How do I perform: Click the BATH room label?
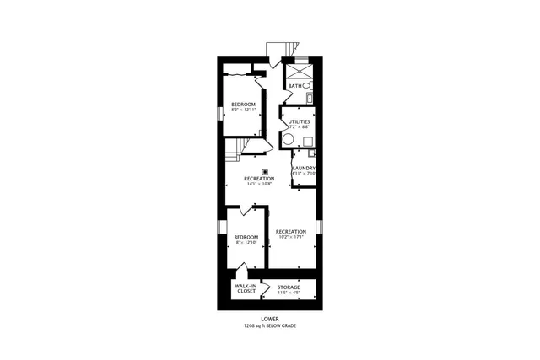(294, 86)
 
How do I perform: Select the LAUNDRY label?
(303, 169)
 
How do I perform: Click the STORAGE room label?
(289, 287)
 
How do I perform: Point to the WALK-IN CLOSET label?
(246, 288)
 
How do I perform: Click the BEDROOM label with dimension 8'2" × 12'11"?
(244, 105)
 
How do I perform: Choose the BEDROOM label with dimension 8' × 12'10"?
(246, 238)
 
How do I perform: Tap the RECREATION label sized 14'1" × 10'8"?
(259, 180)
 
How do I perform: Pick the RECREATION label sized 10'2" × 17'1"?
(290, 231)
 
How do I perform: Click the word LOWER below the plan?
(270, 320)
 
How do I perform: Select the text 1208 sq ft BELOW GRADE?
(270, 326)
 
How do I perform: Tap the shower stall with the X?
(299, 70)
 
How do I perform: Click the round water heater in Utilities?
(288, 140)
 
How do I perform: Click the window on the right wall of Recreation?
(319, 226)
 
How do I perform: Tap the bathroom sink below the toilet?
(310, 99)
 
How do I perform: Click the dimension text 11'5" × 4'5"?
(289, 293)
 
